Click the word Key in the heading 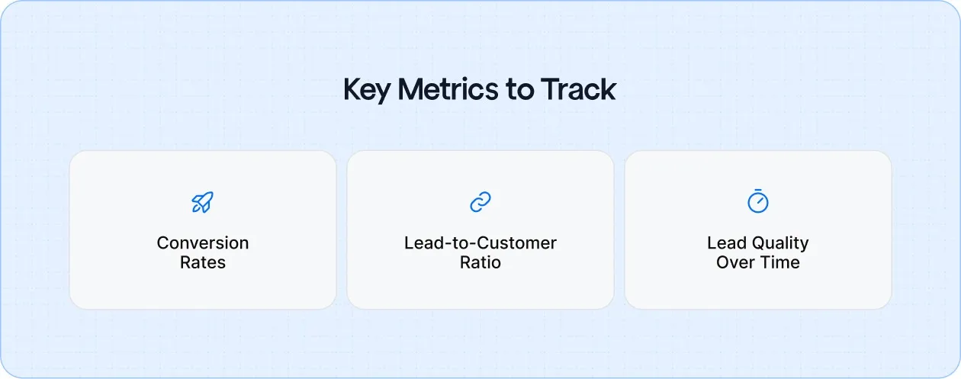point(368,90)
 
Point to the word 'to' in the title point(521,90)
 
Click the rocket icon point(202,202)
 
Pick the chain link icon point(480,202)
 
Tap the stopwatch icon point(757,201)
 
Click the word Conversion point(203,243)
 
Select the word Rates point(203,263)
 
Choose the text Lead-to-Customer point(480,243)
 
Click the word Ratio point(480,263)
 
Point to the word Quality point(779,243)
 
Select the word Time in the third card point(781,263)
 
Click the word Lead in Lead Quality point(725,243)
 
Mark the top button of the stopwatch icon point(757,191)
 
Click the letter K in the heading point(352,90)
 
